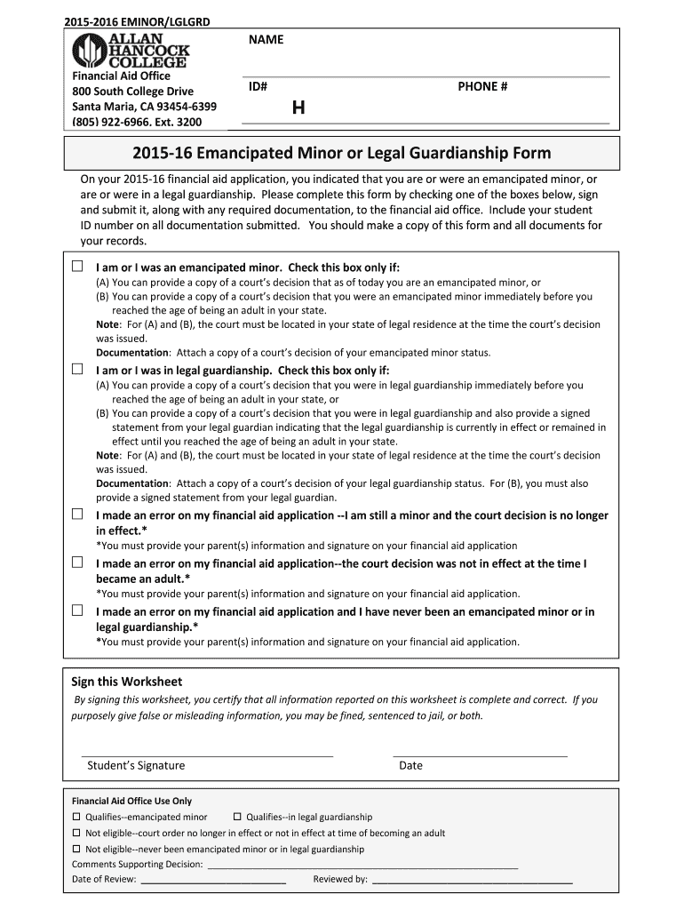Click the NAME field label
(x=266, y=40)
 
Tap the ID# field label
(x=258, y=86)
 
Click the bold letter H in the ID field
(x=298, y=108)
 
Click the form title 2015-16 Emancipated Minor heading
(x=341, y=153)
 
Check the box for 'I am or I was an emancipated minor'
(x=77, y=266)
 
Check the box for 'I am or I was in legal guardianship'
(x=77, y=369)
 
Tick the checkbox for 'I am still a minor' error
(x=77, y=515)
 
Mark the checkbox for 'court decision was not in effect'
(x=77, y=563)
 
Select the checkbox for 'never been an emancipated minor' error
(x=77, y=611)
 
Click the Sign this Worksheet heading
(x=126, y=682)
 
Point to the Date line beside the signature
(x=480, y=754)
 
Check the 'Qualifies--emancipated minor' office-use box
(x=76, y=816)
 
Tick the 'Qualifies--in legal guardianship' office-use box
(x=237, y=816)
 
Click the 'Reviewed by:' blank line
(x=472, y=882)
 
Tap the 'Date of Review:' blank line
(x=213, y=882)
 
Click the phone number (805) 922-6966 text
(x=137, y=122)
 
